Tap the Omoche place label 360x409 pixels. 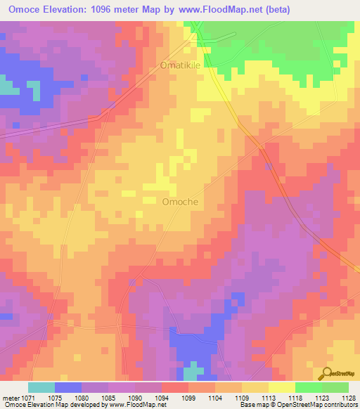(180, 202)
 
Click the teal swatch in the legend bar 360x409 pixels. (41, 387)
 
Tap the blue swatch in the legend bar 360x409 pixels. (68, 387)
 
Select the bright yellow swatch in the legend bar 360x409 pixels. (281, 387)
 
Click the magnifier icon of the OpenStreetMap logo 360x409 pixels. (328, 373)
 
